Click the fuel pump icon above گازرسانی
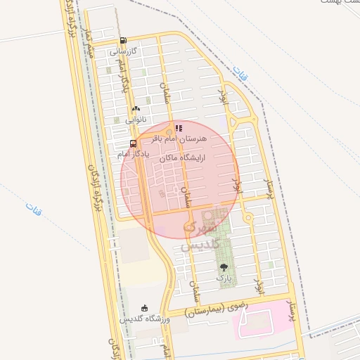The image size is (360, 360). [x=124, y=41]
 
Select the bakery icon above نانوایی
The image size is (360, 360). [x=136, y=108]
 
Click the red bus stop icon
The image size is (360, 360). [x=124, y=142]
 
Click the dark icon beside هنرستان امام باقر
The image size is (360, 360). [x=179, y=129]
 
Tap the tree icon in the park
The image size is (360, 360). [x=224, y=267]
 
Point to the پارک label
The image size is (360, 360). [x=224, y=278]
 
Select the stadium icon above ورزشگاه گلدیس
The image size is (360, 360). [x=145, y=307]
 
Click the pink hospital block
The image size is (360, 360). [x=264, y=320]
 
